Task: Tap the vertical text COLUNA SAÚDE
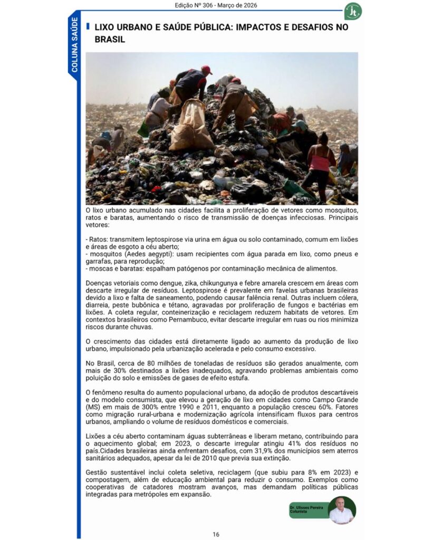point(74,44)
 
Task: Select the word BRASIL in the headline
point(110,40)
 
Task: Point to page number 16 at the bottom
point(216,534)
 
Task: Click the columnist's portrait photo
point(341,510)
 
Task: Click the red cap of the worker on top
point(206,70)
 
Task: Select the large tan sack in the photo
point(191,127)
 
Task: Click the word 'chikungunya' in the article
point(204,284)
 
